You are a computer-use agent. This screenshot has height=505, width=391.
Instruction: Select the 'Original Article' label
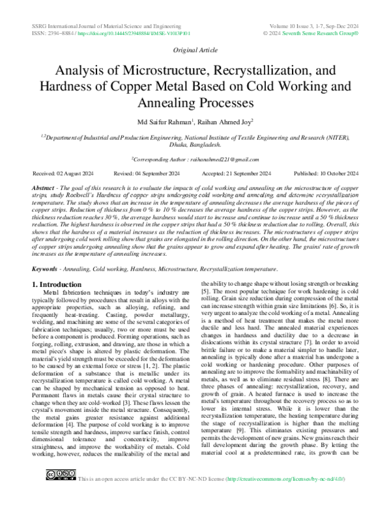click(195, 49)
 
